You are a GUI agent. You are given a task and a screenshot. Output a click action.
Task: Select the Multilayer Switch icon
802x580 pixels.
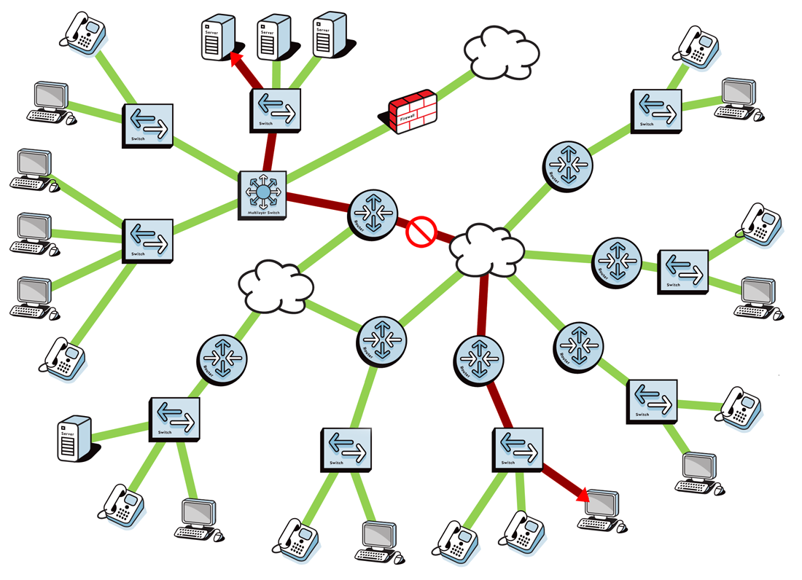263,194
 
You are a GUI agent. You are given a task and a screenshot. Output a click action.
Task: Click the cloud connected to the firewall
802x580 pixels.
501,52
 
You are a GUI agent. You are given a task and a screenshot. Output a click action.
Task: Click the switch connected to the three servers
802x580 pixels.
274,109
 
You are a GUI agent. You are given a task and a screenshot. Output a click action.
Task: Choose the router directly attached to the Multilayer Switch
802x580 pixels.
373,213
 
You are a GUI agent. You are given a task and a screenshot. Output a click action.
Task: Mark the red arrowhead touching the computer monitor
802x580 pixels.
583,496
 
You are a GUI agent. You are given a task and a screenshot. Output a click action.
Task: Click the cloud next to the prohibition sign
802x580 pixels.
486,250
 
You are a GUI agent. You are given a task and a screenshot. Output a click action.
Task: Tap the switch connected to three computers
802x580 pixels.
148,240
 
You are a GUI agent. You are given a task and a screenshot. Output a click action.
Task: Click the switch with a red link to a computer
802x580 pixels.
518,449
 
